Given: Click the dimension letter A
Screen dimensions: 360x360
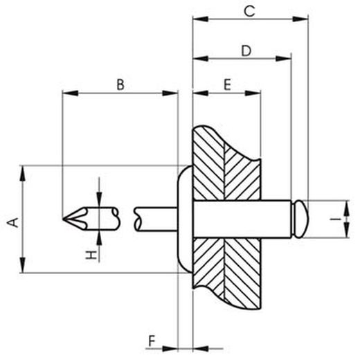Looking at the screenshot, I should [10, 221].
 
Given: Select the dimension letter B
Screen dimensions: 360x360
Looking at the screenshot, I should [120, 84].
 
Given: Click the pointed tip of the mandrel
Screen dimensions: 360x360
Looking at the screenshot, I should [64, 219].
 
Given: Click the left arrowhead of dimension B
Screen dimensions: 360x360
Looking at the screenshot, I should [66, 93].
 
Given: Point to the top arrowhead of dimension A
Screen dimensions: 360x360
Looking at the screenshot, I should [24, 170].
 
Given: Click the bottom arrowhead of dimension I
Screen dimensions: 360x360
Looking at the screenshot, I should [344, 233].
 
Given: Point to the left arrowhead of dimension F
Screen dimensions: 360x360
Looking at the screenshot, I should [174, 348].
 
